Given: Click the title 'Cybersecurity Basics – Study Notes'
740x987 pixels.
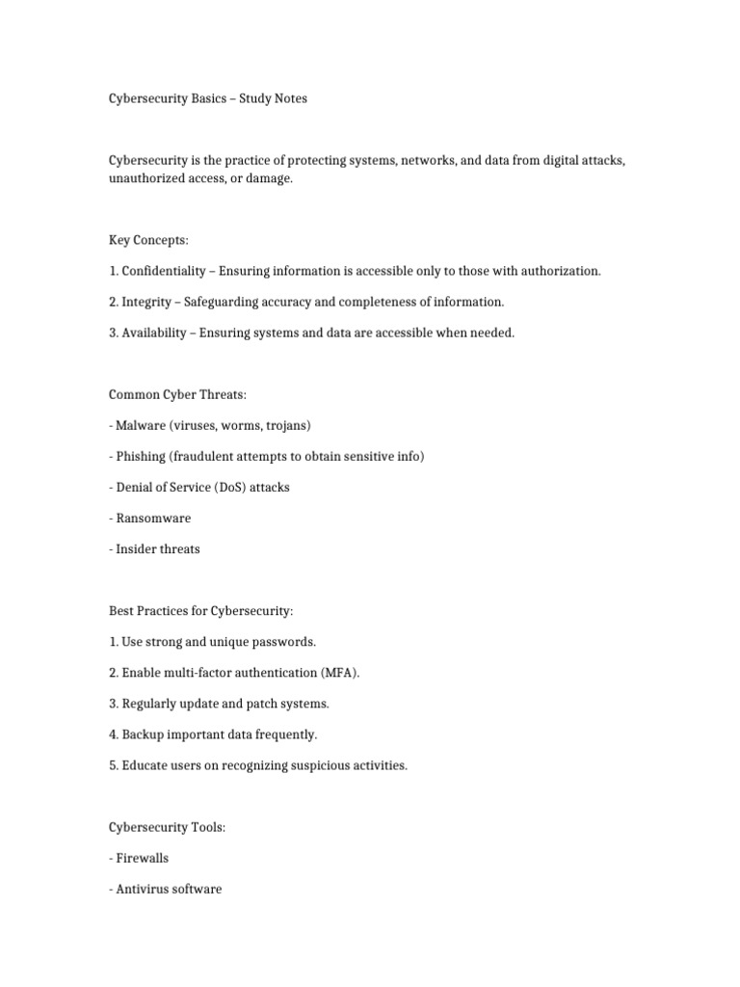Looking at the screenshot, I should point(207,98).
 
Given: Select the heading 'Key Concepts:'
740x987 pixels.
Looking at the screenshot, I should point(147,240).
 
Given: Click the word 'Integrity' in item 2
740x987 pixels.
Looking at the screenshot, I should point(147,302).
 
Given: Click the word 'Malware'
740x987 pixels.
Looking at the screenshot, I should point(143,425).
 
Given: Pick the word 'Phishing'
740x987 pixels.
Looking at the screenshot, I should point(143,456).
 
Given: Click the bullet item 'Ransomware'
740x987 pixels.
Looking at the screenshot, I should point(152,518).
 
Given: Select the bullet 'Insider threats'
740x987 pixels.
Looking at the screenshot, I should point(157,548).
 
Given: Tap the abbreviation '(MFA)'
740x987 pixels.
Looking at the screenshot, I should point(353,672).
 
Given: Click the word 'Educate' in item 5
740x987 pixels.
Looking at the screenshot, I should point(145,764).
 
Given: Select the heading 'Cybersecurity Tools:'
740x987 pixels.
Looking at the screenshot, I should point(167,826).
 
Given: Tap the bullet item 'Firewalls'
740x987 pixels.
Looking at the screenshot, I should point(142,857).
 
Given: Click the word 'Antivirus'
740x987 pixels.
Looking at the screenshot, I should point(143,888).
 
